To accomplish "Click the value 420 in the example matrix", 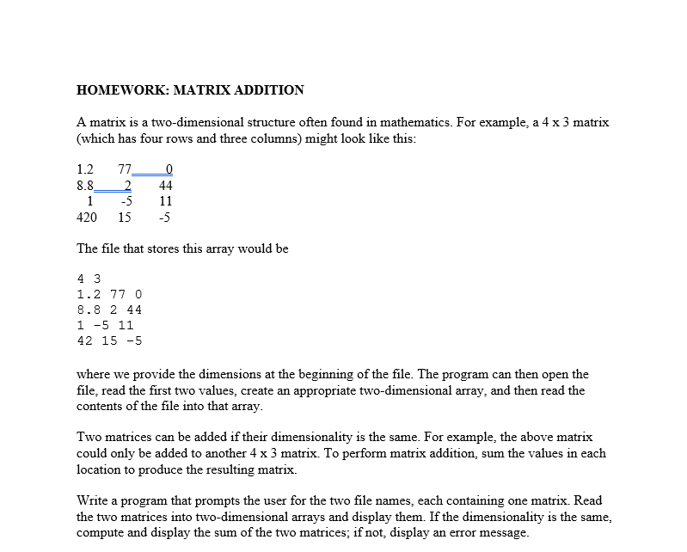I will tap(87, 218).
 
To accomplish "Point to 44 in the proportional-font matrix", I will tap(166, 185).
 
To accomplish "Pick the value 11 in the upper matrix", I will tap(166, 201).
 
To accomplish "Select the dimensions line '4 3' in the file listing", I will tap(89, 279).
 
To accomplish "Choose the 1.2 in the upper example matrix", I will tap(86, 169).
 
